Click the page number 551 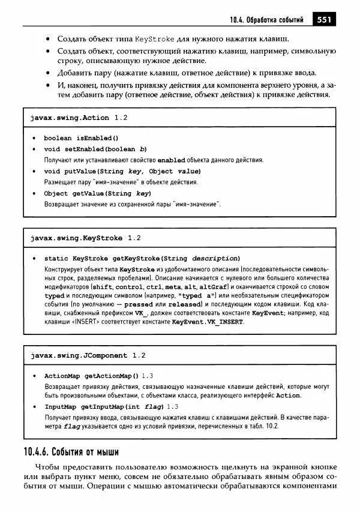(x=324, y=20)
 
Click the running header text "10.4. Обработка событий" (x=266, y=20)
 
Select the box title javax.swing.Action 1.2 (x=79, y=118)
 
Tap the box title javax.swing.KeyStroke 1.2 (x=85, y=238)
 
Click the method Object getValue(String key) (x=97, y=193)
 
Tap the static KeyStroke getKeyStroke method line (x=142, y=258)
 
